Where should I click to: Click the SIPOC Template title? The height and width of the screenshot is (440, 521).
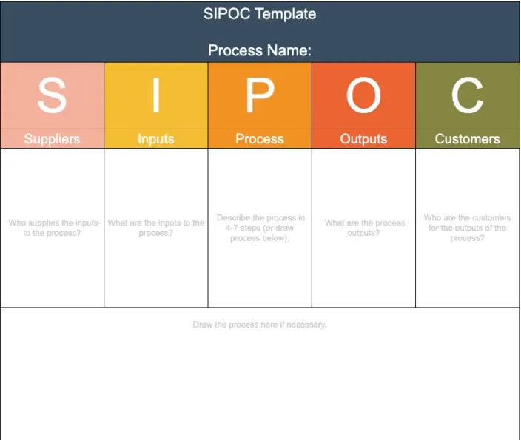tap(260, 14)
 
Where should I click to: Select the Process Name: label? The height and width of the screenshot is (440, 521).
tap(260, 50)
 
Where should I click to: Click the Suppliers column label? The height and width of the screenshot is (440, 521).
tap(52, 138)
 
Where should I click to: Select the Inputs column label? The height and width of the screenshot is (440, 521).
tap(156, 138)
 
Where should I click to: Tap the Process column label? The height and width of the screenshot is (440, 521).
tap(260, 138)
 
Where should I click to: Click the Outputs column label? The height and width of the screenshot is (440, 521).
tap(363, 138)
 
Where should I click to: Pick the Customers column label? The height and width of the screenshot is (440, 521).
tap(468, 138)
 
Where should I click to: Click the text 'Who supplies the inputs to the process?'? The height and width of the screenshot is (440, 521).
tap(52, 228)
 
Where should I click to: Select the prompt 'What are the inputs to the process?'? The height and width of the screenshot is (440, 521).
tap(156, 228)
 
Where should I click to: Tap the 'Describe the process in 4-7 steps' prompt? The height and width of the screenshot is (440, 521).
tap(260, 228)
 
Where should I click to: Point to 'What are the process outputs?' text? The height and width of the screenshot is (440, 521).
tap(364, 228)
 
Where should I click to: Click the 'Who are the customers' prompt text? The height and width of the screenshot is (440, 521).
tap(468, 228)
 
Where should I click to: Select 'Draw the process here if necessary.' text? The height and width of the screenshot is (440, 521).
tap(260, 325)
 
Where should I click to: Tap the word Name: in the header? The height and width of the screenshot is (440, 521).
tap(291, 50)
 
